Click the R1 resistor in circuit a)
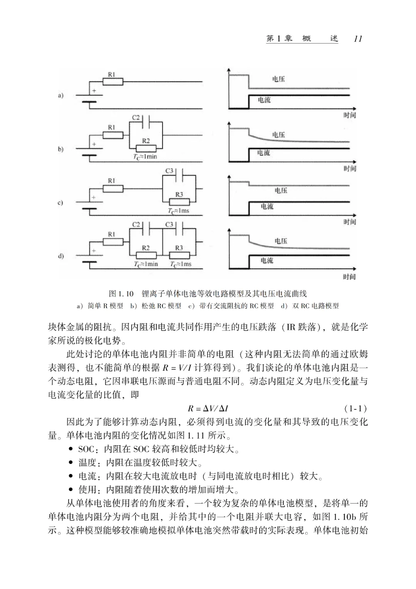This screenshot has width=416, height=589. (113, 82)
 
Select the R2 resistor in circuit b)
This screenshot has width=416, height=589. (146, 148)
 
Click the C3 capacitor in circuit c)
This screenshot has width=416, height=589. (179, 177)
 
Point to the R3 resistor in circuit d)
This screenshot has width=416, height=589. (179, 255)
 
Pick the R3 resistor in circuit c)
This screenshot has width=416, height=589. (179, 202)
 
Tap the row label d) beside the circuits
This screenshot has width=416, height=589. (60, 256)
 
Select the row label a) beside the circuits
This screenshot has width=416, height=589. (60, 95)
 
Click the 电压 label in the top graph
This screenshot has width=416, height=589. (278, 79)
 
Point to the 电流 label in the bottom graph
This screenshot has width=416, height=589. (267, 261)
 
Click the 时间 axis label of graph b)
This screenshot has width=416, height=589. (350, 169)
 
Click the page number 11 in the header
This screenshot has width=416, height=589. (357, 39)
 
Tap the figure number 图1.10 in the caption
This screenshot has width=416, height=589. (121, 294)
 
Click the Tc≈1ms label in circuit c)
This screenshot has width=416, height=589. (178, 211)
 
